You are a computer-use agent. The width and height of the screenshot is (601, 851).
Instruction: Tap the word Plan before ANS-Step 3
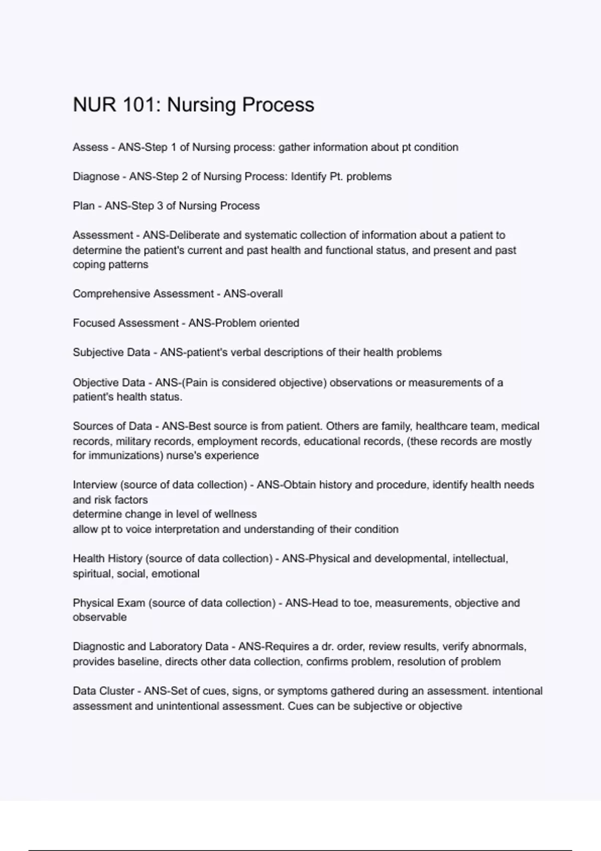pyautogui.click(x=84, y=206)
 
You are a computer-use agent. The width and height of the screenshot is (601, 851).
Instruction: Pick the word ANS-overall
pyautogui.click(x=253, y=294)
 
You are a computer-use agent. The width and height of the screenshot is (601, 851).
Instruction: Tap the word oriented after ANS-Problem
pyautogui.click(x=279, y=323)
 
